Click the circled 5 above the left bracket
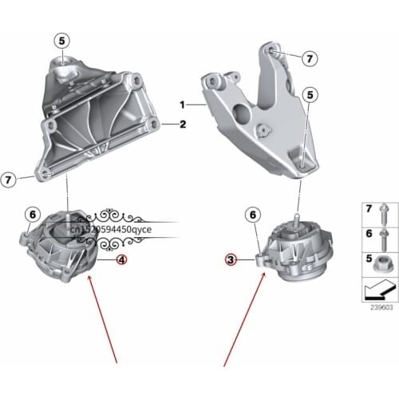click(x=63, y=39)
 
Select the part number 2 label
click(x=183, y=124)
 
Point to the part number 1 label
click(x=182, y=105)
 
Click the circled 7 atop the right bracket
click(x=310, y=57)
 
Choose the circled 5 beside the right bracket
click(x=310, y=94)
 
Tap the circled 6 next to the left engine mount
click(x=32, y=214)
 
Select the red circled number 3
click(x=230, y=259)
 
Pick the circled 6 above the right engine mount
click(x=252, y=215)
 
